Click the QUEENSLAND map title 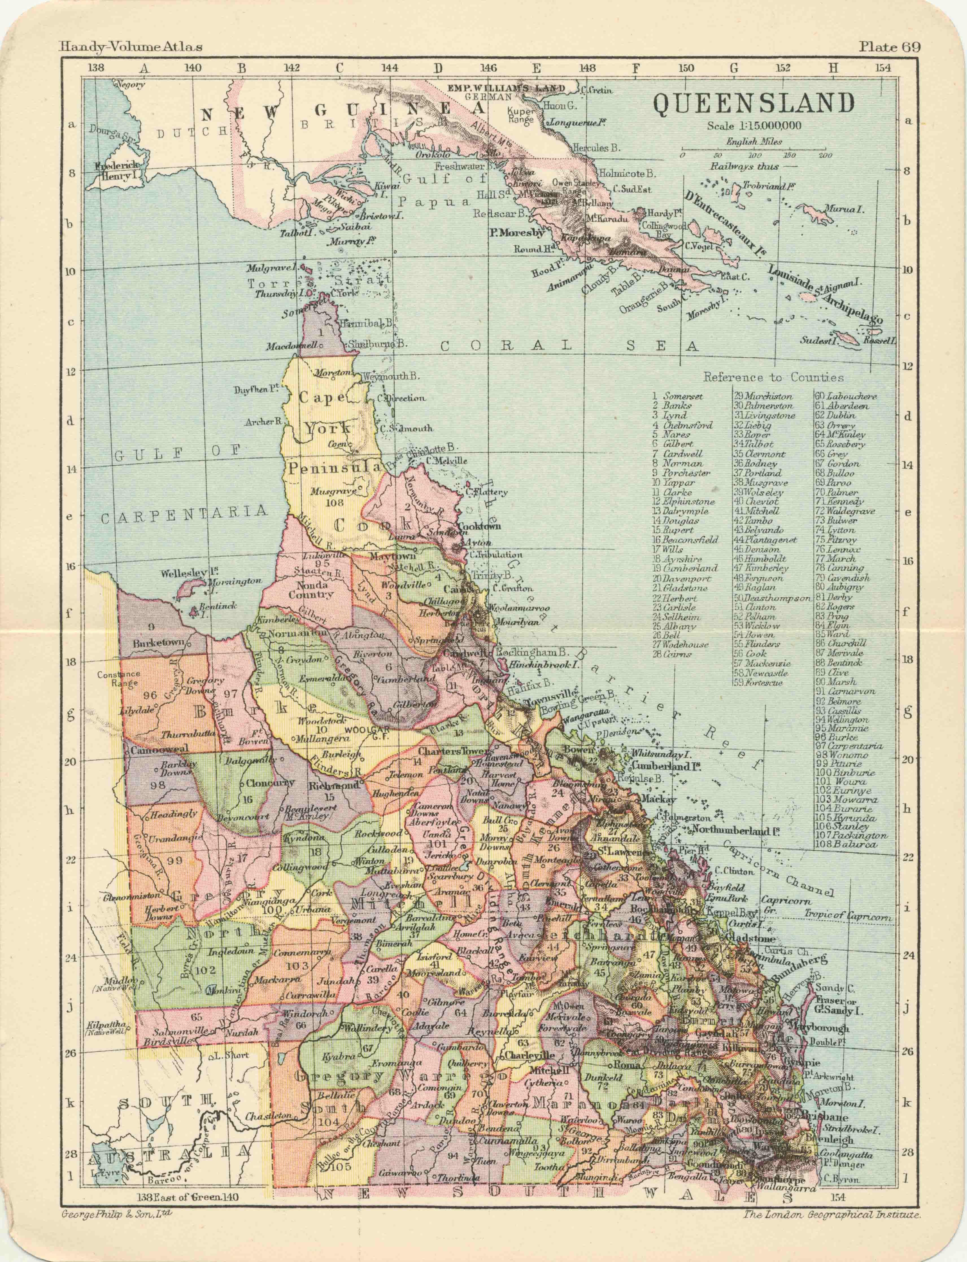tap(754, 104)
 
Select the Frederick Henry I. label tap(117, 171)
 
